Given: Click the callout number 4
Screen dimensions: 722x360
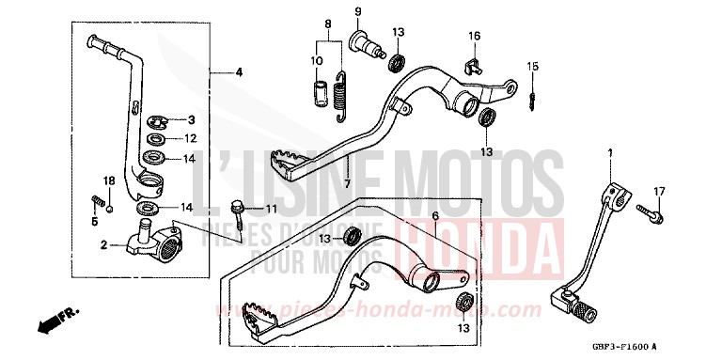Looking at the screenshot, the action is [239, 72].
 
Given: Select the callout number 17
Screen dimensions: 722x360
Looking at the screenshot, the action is [659, 191].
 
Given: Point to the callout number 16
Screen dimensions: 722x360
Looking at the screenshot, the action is [475, 36].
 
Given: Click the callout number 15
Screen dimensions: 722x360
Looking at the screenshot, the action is [532, 66].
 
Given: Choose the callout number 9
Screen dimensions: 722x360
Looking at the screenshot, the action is [358, 10].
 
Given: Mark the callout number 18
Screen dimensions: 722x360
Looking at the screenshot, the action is [108, 180].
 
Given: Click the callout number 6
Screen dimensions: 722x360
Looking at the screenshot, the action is [435, 216].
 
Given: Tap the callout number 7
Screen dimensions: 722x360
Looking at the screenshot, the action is [346, 183].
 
